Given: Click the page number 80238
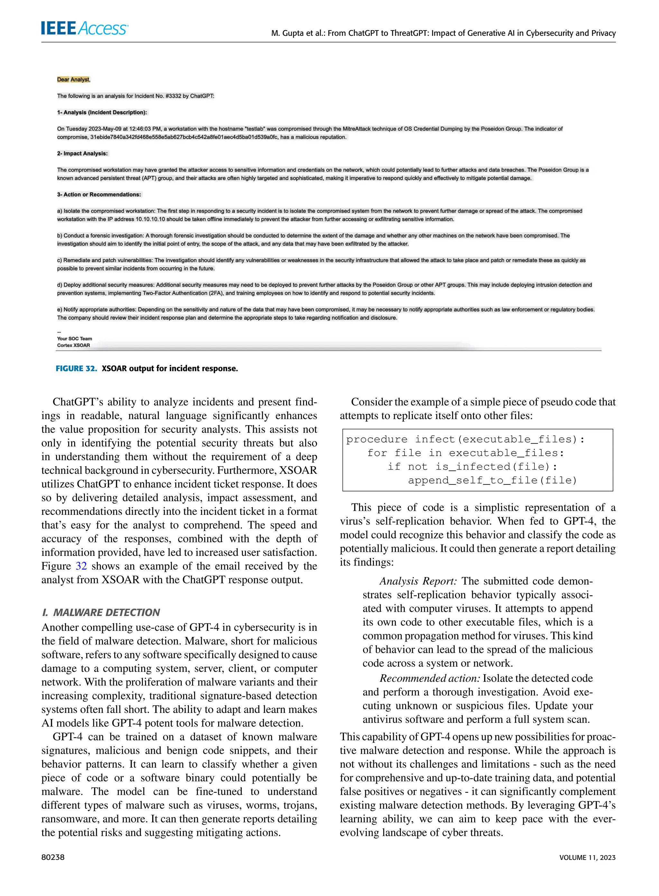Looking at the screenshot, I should point(53,857).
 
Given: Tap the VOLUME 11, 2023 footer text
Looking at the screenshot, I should point(587,857).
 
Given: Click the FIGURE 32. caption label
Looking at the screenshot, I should point(76,368).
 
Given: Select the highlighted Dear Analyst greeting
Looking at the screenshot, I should point(73,79).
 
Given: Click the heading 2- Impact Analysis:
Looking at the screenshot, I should point(82,153).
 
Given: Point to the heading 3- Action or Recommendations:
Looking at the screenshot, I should point(99,194).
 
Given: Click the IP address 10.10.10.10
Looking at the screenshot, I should point(150,219).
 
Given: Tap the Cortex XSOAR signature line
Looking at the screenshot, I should point(73,345).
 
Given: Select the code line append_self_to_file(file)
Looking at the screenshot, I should point(492,480).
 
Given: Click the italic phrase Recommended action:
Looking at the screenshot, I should point(430,678).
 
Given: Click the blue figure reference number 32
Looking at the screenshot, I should point(81,566).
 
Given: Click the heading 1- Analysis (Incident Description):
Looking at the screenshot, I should point(102,113).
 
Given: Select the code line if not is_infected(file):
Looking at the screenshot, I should point(472,466).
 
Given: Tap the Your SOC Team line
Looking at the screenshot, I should point(75,338).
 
